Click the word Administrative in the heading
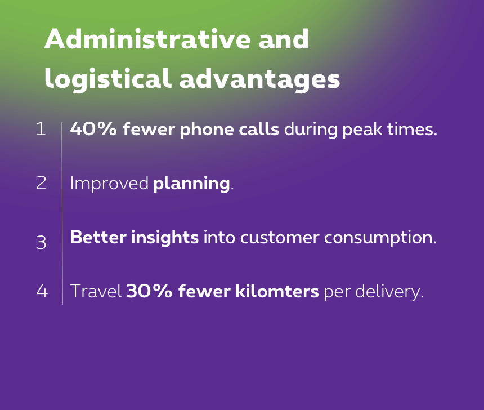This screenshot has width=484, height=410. (x=147, y=39)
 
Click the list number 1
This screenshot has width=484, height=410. (x=41, y=129)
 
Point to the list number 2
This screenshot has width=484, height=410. (x=41, y=183)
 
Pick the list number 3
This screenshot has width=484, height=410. (x=41, y=242)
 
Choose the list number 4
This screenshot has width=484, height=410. (x=42, y=291)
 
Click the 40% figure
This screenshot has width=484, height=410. (x=93, y=128)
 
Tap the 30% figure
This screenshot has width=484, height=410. (x=149, y=291)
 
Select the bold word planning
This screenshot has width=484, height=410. (x=192, y=184)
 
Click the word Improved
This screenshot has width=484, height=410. (x=109, y=184)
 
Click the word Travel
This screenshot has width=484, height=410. (x=96, y=291)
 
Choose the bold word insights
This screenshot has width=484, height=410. (x=165, y=238)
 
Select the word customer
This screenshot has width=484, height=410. (x=280, y=238)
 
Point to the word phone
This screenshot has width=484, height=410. (x=207, y=130)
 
